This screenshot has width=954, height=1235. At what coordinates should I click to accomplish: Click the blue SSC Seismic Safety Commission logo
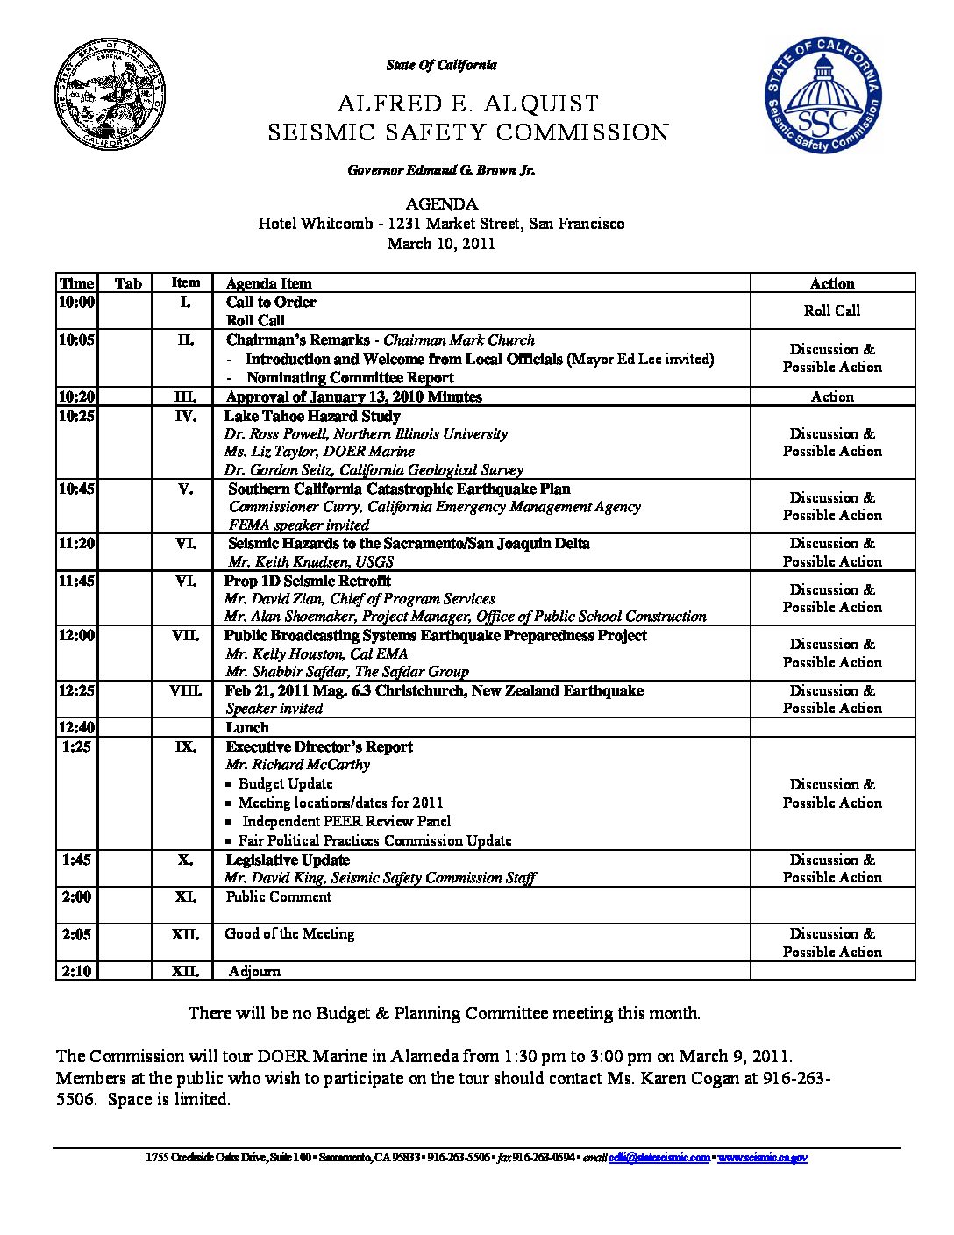[x=822, y=96]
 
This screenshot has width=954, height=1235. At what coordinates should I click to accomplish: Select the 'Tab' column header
[x=128, y=283]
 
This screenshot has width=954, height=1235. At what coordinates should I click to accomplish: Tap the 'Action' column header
[x=832, y=283]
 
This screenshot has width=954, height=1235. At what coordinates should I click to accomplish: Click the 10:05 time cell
[x=76, y=340]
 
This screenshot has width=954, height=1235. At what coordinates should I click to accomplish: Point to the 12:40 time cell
[x=76, y=727]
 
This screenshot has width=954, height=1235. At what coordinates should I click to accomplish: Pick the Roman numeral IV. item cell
[x=185, y=417]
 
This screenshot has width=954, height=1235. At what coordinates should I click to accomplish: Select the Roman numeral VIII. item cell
[x=185, y=691]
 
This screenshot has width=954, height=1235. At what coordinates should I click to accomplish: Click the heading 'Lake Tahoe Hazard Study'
[x=312, y=417]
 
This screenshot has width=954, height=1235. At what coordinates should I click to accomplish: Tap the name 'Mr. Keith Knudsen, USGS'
[x=310, y=561]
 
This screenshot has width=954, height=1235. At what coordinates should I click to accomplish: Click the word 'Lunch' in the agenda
[x=247, y=727]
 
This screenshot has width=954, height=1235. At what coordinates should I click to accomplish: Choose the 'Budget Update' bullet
[x=286, y=784]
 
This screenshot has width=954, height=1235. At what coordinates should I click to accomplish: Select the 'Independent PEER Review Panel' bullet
[x=346, y=822]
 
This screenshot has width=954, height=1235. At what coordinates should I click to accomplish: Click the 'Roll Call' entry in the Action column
[x=832, y=311]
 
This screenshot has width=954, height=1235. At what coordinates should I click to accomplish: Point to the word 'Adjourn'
[x=254, y=971]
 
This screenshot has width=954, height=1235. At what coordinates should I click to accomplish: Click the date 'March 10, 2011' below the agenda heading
[x=441, y=244]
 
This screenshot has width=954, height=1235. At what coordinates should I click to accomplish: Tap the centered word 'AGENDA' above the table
[x=441, y=204]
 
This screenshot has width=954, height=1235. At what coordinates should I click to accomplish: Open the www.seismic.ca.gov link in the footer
[x=762, y=1158]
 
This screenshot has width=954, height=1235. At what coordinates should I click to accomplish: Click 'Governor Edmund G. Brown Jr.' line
[x=441, y=170]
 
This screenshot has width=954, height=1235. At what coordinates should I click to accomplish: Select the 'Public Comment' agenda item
[x=278, y=896]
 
